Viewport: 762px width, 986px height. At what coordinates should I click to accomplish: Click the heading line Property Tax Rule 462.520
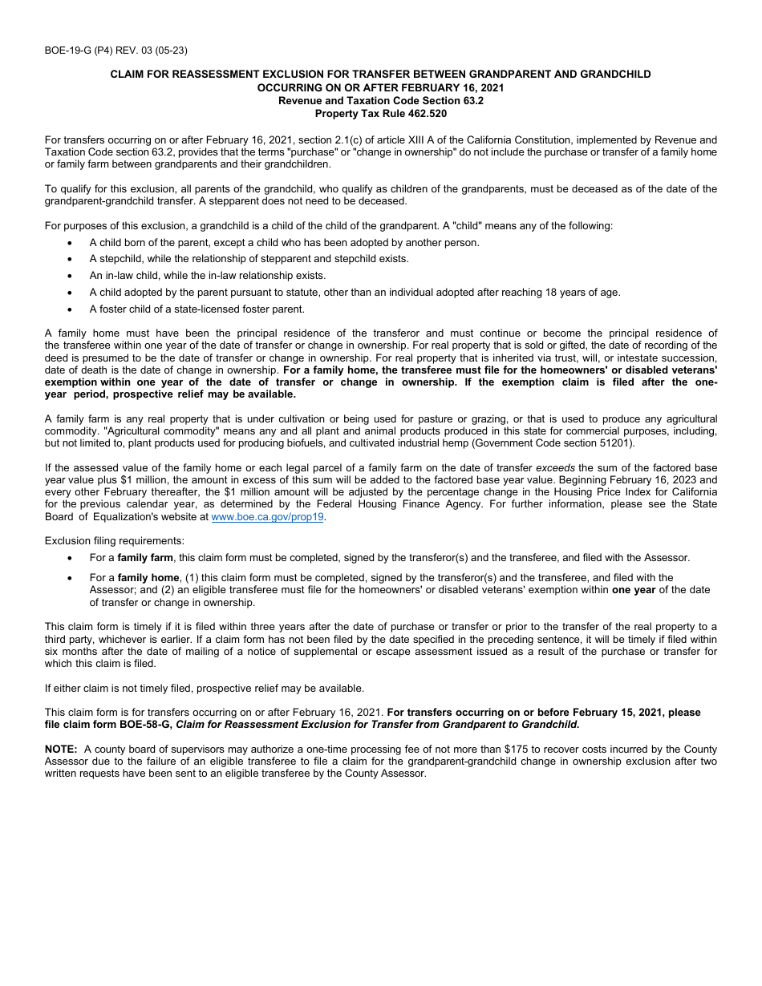point(381,113)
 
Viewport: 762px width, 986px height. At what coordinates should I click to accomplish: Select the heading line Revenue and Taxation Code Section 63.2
point(381,100)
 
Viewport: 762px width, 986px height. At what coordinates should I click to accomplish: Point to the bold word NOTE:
point(61,750)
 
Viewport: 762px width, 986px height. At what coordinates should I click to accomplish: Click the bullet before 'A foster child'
point(71,309)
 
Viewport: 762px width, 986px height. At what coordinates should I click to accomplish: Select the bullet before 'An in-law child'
point(71,276)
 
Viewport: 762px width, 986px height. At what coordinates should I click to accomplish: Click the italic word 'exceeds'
point(555,468)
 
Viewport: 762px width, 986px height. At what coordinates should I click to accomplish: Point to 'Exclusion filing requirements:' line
point(114,541)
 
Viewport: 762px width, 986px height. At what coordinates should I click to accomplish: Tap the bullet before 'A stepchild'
point(71,259)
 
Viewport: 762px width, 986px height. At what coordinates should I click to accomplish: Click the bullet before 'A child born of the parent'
point(71,242)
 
